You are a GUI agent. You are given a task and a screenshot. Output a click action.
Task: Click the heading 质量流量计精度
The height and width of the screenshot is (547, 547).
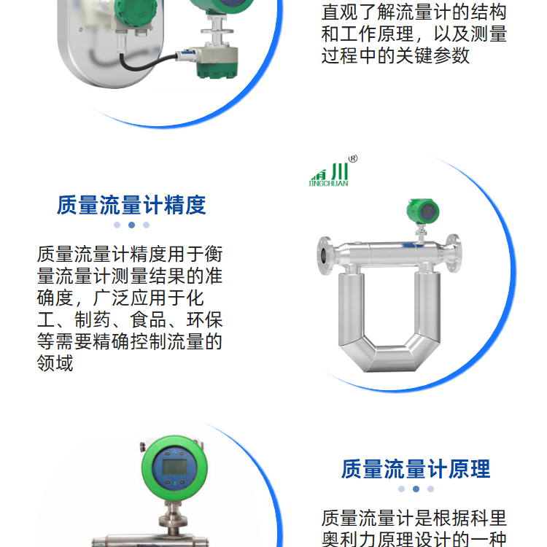point(131,205)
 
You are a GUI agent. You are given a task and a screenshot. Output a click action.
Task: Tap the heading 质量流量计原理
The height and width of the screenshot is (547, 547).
point(416,469)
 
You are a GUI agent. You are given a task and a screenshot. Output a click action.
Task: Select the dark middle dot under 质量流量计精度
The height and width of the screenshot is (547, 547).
point(131,225)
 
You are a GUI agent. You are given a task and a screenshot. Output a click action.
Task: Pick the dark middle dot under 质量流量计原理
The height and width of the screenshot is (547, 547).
point(416,489)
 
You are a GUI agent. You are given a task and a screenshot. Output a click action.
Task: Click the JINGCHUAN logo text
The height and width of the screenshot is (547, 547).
point(329,183)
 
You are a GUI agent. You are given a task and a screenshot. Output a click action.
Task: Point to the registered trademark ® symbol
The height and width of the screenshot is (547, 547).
point(353,159)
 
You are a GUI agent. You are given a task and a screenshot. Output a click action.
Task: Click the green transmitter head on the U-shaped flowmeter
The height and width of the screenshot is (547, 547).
point(423,212)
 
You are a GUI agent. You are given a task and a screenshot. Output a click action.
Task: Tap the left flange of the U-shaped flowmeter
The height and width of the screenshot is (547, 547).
point(325,255)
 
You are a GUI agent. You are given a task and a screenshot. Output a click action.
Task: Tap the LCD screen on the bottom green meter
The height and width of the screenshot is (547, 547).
point(174,467)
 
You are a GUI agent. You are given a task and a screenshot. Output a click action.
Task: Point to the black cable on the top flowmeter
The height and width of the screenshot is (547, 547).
point(147,63)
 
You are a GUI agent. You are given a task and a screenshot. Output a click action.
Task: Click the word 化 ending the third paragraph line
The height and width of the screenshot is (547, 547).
point(195,298)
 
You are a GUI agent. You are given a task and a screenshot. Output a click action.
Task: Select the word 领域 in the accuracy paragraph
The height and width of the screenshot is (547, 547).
point(55,363)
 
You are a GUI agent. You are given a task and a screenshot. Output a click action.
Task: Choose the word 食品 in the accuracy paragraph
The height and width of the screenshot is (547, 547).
point(148,320)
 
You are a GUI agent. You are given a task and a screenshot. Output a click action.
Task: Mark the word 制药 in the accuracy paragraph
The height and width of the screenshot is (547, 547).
point(93,320)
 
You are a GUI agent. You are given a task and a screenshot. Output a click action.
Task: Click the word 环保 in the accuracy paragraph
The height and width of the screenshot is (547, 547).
point(204,320)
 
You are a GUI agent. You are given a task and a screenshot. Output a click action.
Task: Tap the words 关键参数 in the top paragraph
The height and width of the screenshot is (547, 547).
point(432,56)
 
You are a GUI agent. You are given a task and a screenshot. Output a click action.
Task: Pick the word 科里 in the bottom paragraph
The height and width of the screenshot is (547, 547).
point(489,518)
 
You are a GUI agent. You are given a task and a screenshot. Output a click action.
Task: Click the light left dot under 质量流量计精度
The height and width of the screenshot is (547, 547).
point(117,225)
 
